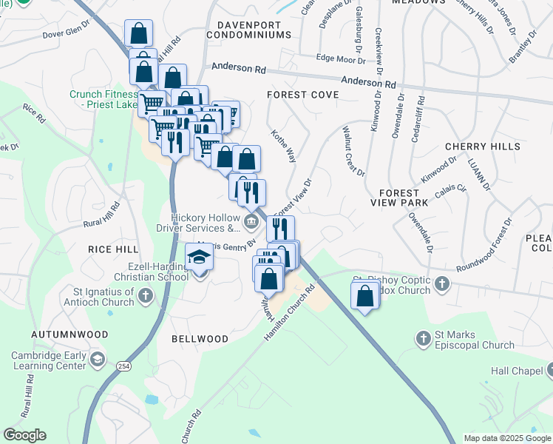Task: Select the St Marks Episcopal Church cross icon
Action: tap(424, 339)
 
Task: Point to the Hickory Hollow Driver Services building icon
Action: tap(251, 221)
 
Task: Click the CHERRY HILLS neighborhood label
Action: tap(483, 147)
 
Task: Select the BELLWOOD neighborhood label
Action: tap(200, 339)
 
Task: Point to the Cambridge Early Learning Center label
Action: tap(55, 360)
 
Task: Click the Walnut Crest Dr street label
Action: tap(353, 151)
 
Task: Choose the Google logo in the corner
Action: tap(24, 435)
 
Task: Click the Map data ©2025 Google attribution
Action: tap(506, 438)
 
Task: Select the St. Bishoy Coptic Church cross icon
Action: tap(442, 283)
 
